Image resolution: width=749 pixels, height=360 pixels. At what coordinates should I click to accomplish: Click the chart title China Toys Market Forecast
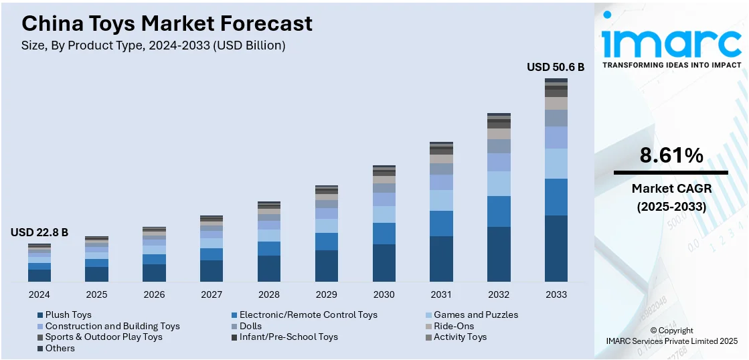coord(167,24)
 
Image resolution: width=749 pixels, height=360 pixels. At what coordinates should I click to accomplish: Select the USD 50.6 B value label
coord(556,67)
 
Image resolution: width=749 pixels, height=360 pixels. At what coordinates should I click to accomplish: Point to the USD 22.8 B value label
coord(39,232)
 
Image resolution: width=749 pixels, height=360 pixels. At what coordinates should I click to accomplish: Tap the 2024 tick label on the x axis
coord(39,294)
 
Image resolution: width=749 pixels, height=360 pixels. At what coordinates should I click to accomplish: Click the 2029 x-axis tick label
coord(327,294)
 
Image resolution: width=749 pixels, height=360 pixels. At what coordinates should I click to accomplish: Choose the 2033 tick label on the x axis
coord(556,294)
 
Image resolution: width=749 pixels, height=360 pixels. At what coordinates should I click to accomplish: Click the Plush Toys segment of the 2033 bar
coord(556,248)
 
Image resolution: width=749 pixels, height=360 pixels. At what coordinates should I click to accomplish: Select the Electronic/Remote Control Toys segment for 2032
coord(499,211)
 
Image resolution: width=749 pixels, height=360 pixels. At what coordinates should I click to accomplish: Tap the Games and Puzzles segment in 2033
coord(556,163)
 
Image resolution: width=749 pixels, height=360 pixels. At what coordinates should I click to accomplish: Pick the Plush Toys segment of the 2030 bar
coord(384,262)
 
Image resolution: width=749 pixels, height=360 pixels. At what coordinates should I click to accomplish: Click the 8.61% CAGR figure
coord(671,156)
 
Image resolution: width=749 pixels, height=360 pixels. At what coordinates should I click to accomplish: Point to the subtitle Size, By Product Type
coord(153,46)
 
